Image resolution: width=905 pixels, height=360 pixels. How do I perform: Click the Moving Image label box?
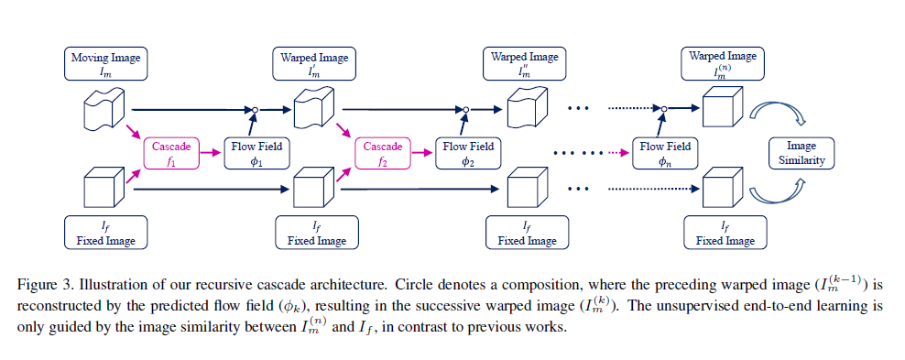[x=105, y=63]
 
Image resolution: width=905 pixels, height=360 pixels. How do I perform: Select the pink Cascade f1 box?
[x=171, y=152]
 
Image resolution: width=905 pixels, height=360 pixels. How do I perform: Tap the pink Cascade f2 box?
[x=382, y=152]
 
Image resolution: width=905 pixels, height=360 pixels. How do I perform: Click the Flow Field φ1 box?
[x=256, y=152]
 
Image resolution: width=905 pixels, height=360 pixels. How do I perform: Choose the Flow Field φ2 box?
[x=467, y=152]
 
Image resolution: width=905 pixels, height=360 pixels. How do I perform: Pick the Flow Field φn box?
[x=665, y=152]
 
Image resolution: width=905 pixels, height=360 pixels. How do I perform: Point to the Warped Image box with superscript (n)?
[x=723, y=63]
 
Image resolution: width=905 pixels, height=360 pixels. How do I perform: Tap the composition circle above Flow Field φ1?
[x=256, y=110]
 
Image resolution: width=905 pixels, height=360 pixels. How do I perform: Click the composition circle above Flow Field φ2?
[x=467, y=110]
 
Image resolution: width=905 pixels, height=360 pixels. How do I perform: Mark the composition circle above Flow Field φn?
[x=665, y=110]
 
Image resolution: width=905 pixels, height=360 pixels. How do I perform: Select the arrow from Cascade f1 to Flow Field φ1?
[x=212, y=153]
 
